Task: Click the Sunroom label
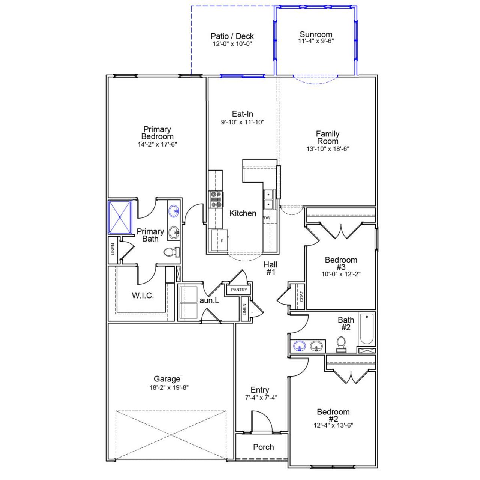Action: click(316, 34)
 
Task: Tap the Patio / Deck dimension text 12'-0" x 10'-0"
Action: click(232, 43)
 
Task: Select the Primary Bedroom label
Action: click(157, 133)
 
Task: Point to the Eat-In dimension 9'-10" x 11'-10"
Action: click(242, 122)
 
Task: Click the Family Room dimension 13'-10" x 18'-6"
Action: click(328, 148)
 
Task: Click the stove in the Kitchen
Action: click(216, 199)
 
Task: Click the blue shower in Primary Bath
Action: click(120, 217)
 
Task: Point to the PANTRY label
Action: click(239, 289)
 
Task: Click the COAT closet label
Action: click(301, 296)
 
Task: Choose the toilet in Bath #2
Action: click(341, 344)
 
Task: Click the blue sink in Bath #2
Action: click(299, 346)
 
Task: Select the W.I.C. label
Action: click(142, 295)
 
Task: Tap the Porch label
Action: click(263, 447)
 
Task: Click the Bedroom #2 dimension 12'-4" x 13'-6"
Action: click(333, 425)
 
